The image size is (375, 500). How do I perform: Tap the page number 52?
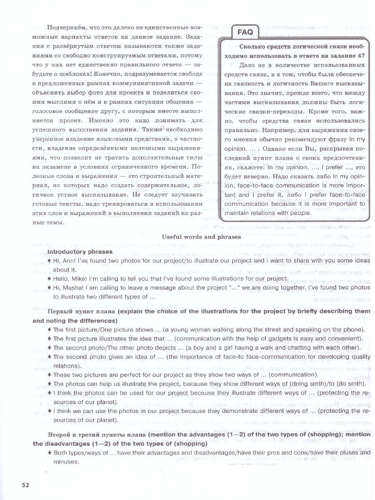[x=26, y=485]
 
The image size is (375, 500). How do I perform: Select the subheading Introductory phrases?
[x=80, y=252]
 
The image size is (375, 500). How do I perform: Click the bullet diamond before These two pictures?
[x=50, y=375]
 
